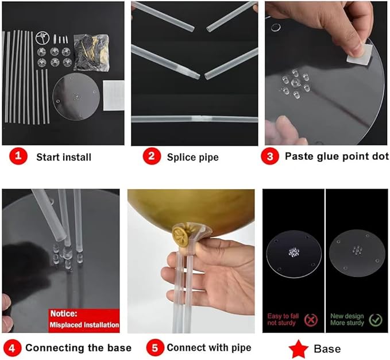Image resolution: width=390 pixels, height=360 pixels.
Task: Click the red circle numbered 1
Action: (18, 156)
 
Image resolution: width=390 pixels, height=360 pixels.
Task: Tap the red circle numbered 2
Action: (152, 156)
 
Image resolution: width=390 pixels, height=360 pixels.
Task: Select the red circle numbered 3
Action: (270, 156)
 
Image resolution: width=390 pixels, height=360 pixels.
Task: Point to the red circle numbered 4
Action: (12, 348)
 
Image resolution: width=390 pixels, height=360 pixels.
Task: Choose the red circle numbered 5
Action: (155, 348)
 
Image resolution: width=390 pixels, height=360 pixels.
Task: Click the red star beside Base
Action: (299, 349)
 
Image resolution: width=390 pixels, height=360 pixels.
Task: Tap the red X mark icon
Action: (311, 320)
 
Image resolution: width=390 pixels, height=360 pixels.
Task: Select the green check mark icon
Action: (376, 320)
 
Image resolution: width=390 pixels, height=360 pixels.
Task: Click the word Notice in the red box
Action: (64, 313)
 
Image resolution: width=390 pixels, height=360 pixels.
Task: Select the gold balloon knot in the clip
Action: (183, 235)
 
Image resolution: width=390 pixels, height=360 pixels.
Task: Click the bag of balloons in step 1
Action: (91, 53)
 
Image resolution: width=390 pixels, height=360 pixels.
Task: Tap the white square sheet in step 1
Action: (114, 95)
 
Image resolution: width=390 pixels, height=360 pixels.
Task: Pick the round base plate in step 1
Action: (76, 97)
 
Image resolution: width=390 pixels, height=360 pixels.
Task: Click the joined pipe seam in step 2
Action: (198, 118)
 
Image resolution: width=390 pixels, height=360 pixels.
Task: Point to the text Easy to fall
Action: (283, 316)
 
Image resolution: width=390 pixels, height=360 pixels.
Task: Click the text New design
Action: (347, 316)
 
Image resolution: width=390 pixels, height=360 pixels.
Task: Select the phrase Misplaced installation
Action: (84, 325)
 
